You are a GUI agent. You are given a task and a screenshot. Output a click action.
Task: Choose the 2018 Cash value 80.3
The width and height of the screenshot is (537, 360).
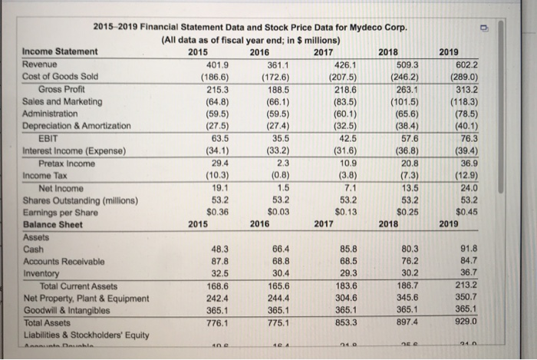[411, 249]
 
